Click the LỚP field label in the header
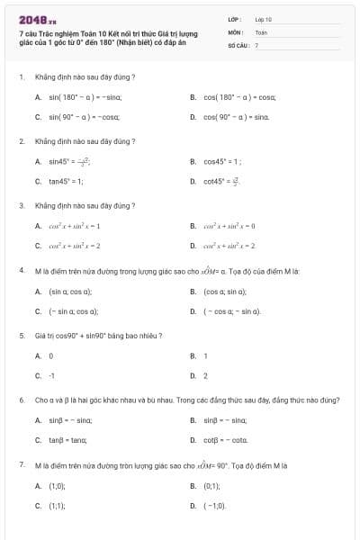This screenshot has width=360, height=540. point(234,18)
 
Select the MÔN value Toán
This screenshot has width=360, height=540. point(261,31)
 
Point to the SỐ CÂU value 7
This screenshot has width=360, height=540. point(256,44)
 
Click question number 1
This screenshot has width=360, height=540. point(21,76)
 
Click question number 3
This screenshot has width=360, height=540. point(21,205)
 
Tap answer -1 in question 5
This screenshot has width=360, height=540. point(51,375)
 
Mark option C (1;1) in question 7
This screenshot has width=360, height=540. point(56,505)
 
